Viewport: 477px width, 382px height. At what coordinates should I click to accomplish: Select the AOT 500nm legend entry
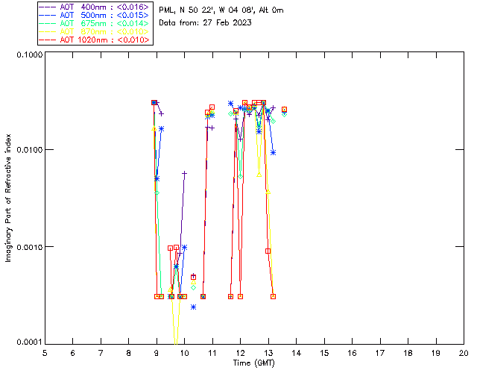[x=96, y=16]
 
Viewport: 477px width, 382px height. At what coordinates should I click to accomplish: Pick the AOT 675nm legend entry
[x=96, y=24]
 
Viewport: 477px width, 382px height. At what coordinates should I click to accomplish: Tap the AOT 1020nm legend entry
[x=96, y=40]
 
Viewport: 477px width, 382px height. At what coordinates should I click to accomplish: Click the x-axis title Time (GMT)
[x=254, y=363]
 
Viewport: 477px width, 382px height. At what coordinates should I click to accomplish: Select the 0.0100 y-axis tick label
[x=28, y=151]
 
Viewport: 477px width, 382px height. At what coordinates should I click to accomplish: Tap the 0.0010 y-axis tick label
[x=28, y=247]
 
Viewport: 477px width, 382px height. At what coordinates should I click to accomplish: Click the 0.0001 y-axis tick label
[x=28, y=342]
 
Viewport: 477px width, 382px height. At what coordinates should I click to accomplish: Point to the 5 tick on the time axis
[x=45, y=352]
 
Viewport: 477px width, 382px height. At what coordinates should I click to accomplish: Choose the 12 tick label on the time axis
[x=241, y=352]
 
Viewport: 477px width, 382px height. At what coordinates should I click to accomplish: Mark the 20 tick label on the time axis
[x=464, y=352]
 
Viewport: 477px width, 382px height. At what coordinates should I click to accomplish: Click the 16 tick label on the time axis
[x=353, y=352]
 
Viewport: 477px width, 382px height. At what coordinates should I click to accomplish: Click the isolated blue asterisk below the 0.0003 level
[x=193, y=307]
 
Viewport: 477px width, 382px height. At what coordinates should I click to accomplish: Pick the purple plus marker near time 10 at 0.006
[x=184, y=173]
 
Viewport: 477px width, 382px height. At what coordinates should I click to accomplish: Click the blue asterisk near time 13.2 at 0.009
[x=273, y=152]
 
